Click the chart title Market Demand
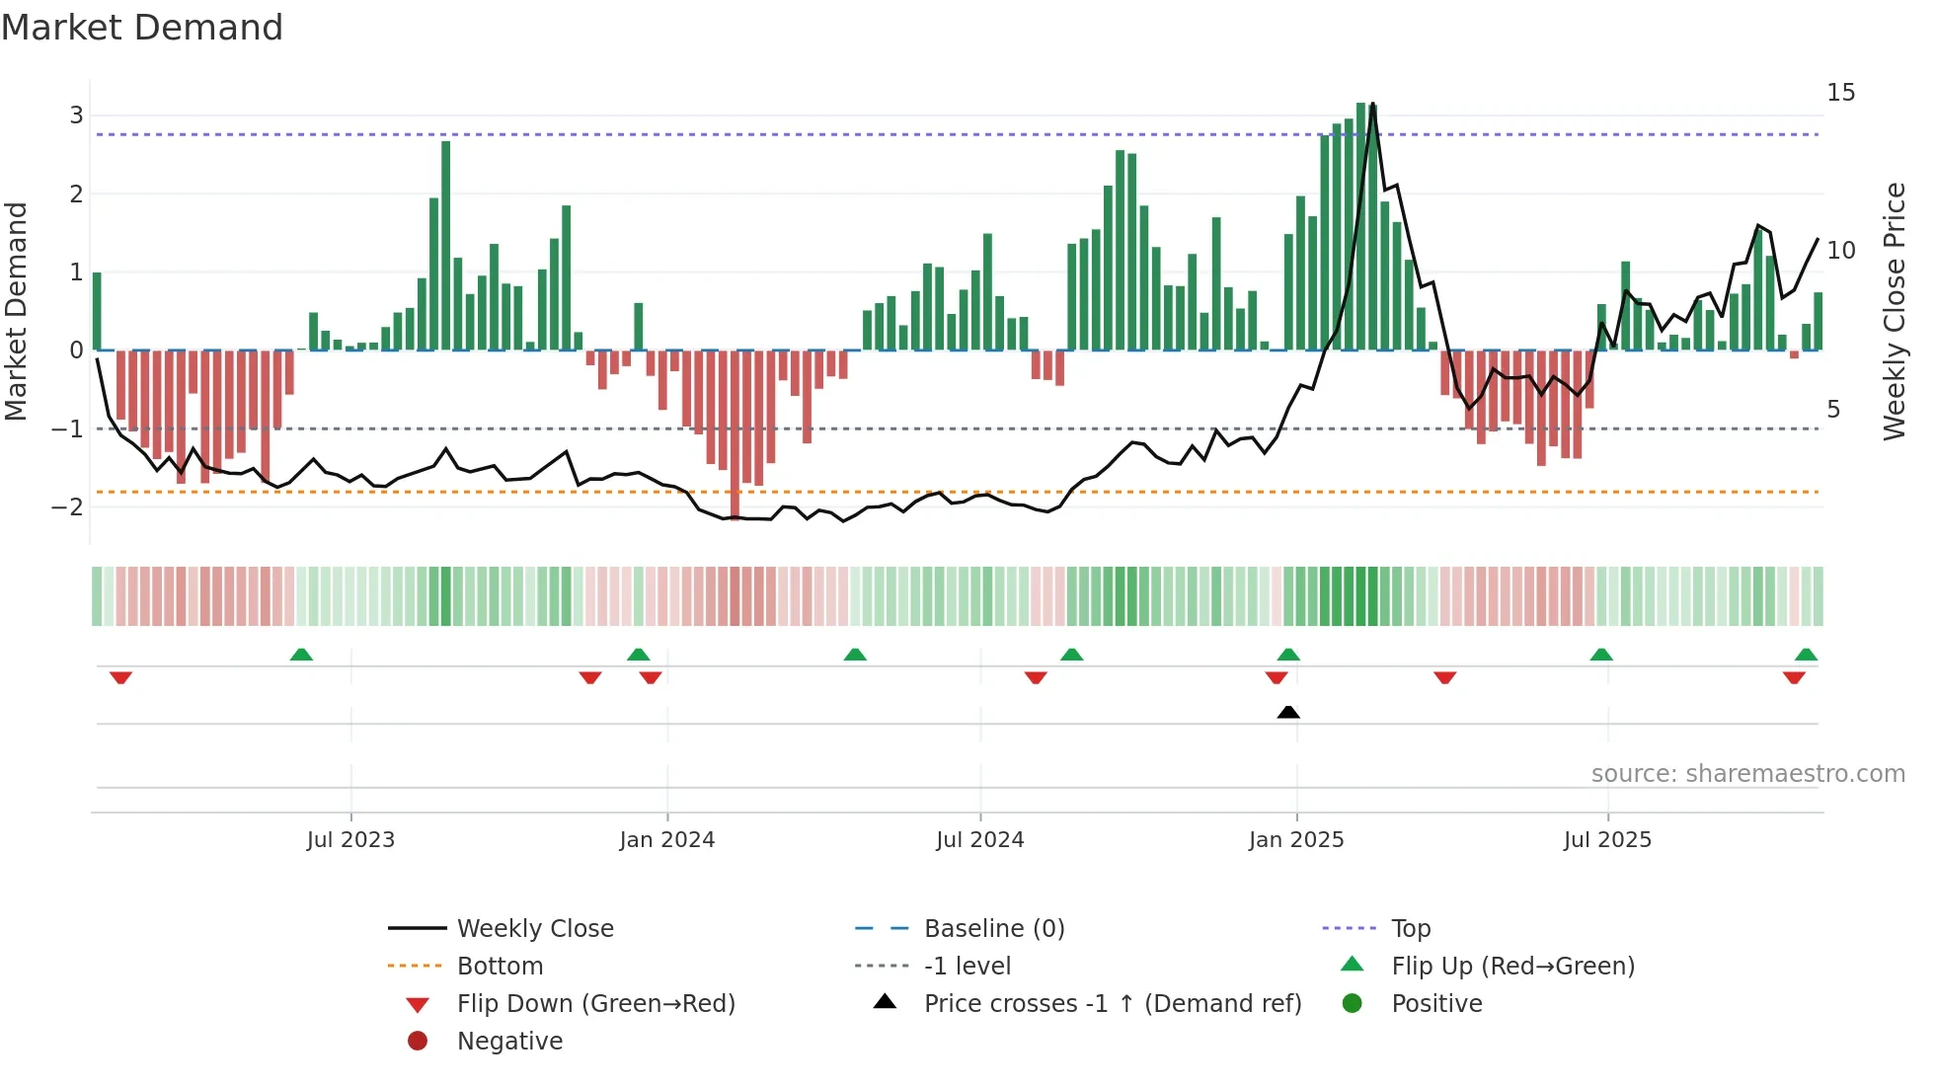pos(142,28)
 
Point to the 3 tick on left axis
pos(76,116)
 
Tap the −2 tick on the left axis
pos(68,507)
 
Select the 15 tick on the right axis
pos(1840,93)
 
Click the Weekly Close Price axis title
pos(1894,311)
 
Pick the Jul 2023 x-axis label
pos(350,840)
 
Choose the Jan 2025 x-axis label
pos(1295,840)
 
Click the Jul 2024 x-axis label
pos(979,840)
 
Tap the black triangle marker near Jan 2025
pos(1287,712)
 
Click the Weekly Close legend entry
pos(534,929)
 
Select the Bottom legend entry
pos(500,967)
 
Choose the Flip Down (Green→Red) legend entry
pos(595,1004)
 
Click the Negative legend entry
pos(509,1042)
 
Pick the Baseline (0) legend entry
pos(993,929)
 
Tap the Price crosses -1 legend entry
pos(1112,1004)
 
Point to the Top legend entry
pos(1410,929)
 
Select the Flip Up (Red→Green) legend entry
pos(1512,967)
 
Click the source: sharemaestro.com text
pos(1747,774)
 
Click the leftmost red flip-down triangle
pos(120,677)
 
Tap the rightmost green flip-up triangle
pos(1806,655)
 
